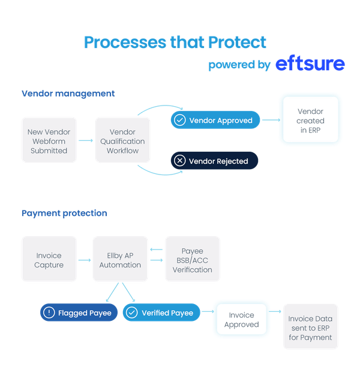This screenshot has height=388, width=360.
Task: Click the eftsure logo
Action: (x=310, y=64)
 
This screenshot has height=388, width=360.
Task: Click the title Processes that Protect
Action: (x=175, y=42)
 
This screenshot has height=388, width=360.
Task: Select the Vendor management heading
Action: (x=68, y=94)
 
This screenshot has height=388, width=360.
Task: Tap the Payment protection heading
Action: (x=64, y=213)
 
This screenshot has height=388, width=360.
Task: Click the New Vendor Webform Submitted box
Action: (x=49, y=141)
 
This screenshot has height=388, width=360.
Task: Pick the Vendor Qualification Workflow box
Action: (x=123, y=141)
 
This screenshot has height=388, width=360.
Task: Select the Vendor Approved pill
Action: (x=215, y=121)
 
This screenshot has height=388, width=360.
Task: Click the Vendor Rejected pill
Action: (x=214, y=161)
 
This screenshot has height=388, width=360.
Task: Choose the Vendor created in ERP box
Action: (x=310, y=121)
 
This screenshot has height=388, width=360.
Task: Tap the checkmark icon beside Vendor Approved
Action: (x=179, y=121)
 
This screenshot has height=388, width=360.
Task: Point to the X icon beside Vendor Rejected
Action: (x=179, y=161)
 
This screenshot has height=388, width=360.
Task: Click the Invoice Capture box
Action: (x=49, y=260)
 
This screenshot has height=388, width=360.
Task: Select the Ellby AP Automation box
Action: (x=120, y=260)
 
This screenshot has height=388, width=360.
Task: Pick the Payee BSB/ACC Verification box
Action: (x=193, y=260)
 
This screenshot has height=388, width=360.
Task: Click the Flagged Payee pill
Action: (x=79, y=312)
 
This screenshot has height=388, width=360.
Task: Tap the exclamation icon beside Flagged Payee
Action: (x=49, y=312)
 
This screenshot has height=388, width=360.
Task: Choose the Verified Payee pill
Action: (x=161, y=312)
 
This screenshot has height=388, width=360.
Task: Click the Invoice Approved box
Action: (x=241, y=320)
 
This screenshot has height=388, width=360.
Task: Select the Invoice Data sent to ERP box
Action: (x=310, y=327)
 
